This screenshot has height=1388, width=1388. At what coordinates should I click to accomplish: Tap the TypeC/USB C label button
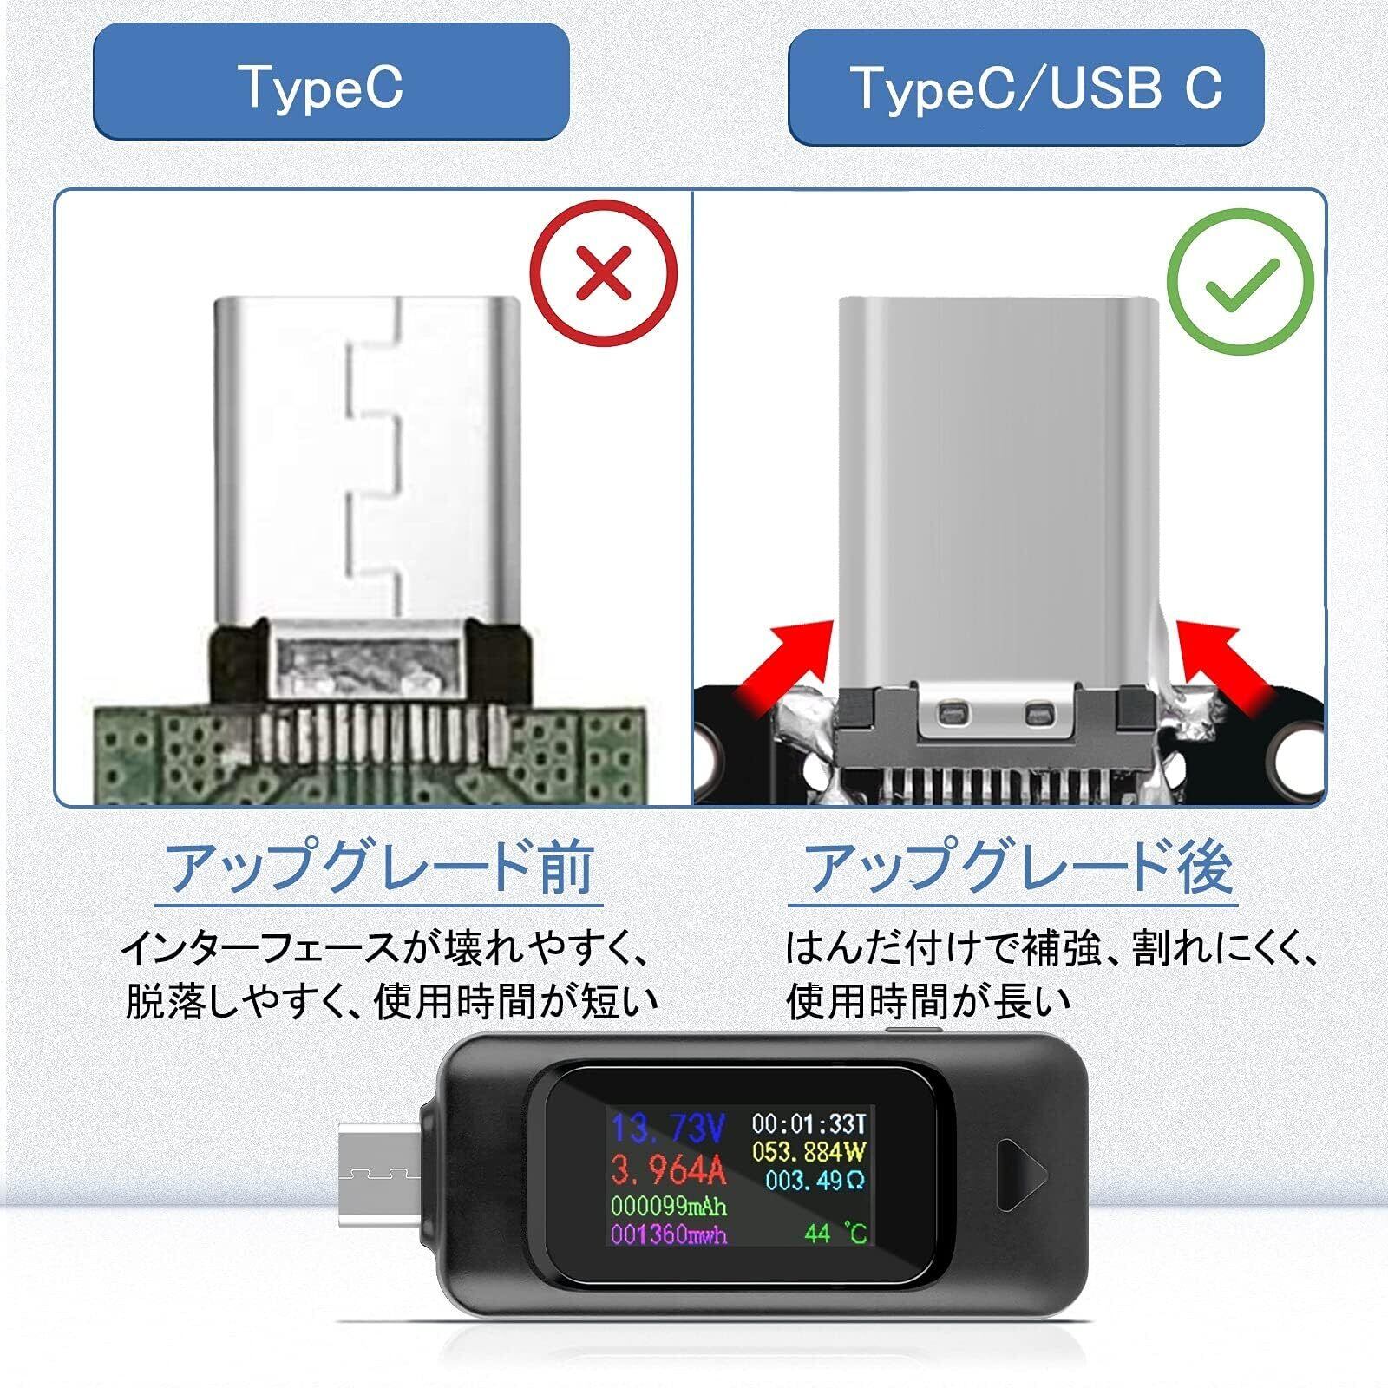[1025, 87]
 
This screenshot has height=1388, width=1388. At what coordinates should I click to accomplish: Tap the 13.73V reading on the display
[668, 1129]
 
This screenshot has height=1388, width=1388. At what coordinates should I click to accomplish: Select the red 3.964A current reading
[668, 1170]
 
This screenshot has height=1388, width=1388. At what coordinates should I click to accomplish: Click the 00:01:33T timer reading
[809, 1125]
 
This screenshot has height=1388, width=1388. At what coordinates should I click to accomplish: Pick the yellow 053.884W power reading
[809, 1153]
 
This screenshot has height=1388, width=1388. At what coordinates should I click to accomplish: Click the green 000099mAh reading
[668, 1207]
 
